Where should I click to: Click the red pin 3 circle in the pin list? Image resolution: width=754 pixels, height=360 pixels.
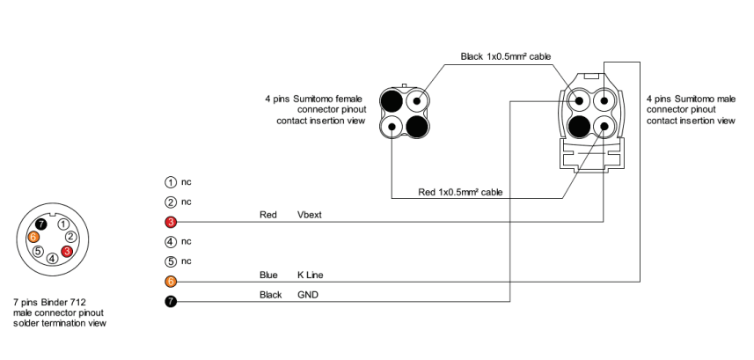[171, 222]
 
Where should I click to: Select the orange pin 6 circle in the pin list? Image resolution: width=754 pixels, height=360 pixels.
[171, 282]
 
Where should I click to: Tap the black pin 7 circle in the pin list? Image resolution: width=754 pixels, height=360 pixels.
[171, 302]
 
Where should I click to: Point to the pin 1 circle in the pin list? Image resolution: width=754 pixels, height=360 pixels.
[171, 182]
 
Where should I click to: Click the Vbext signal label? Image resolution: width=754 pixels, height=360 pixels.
[311, 215]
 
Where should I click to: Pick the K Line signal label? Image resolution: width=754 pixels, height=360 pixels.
[311, 275]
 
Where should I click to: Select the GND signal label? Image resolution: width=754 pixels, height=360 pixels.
[308, 295]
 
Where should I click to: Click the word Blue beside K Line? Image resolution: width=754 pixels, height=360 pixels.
[268, 275]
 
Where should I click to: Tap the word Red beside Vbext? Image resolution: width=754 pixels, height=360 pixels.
[268, 215]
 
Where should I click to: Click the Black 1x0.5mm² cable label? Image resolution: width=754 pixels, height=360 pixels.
[506, 56]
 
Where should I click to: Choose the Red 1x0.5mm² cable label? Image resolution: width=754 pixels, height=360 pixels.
[459, 191]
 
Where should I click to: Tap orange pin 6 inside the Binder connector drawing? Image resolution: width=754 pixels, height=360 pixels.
[33, 237]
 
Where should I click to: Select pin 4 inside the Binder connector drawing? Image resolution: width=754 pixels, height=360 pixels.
[53, 258]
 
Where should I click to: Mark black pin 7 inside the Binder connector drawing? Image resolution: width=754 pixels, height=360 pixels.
[40, 225]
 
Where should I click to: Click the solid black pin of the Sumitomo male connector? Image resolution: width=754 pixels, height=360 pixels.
[580, 127]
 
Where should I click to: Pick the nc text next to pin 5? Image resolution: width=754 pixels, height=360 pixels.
[187, 261]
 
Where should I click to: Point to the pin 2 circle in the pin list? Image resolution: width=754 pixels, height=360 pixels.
[171, 202]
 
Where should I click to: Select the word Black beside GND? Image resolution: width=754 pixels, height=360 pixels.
[270, 295]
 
